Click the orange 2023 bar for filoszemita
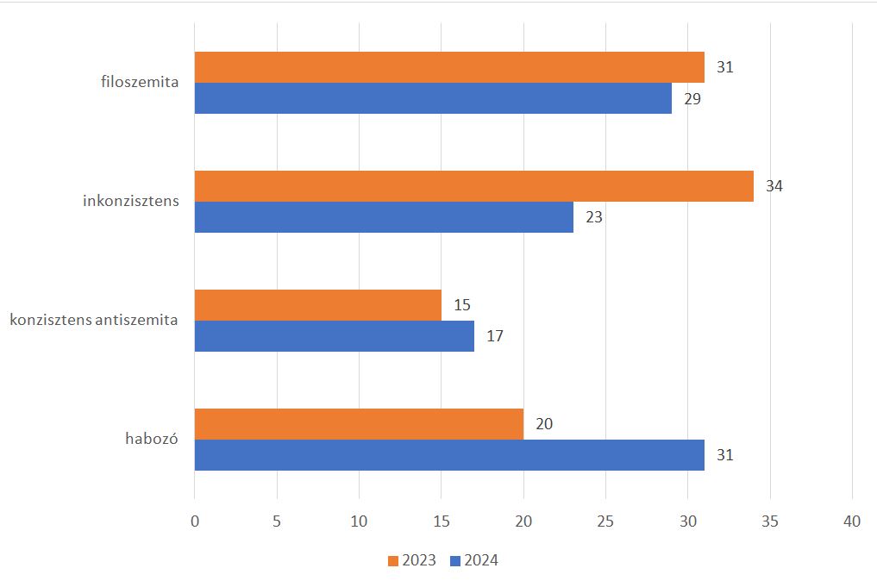pos(449,67)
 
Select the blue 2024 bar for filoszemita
pos(433,98)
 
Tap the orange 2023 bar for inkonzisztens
pos(473,186)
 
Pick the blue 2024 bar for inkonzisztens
pos(384,217)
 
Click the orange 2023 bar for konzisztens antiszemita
pos(317,305)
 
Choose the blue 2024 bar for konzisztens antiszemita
pos(335,336)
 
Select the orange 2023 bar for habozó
pos(359,424)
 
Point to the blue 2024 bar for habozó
pos(449,455)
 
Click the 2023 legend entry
pos(412,560)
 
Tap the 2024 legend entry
pos(474,560)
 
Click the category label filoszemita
pos(139,83)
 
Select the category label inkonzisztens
pos(131,202)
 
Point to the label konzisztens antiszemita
pos(94,321)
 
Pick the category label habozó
pos(151,440)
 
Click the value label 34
pos(774,186)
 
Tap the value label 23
pos(593,217)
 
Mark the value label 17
pos(495,336)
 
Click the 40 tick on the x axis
pos(852,521)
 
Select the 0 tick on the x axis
pos(195,521)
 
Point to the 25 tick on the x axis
pos(605,521)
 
